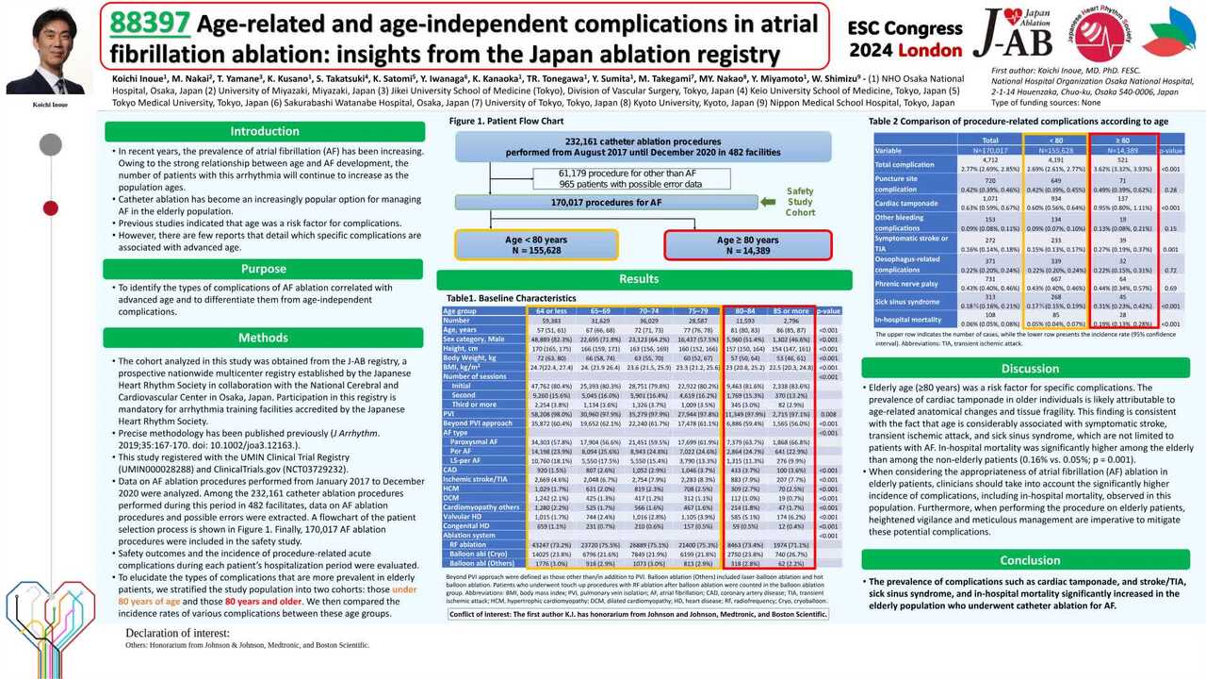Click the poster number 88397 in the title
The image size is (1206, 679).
tap(151, 22)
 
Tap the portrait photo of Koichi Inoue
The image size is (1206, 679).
tap(44, 54)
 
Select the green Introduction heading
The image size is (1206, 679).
tap(264, 131)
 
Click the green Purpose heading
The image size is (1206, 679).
tap(264, 269)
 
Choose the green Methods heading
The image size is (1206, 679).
tap(264, 338)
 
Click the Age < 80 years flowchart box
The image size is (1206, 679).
tap(536, 245)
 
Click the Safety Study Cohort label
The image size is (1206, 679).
tap(800, 201)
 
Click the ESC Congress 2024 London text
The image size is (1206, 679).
tap(905, 39)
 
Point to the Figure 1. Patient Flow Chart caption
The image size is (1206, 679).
tap(506, 122)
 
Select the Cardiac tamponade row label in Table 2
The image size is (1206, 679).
tap(906, 203)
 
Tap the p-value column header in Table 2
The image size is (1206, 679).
tap(1170, 150)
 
